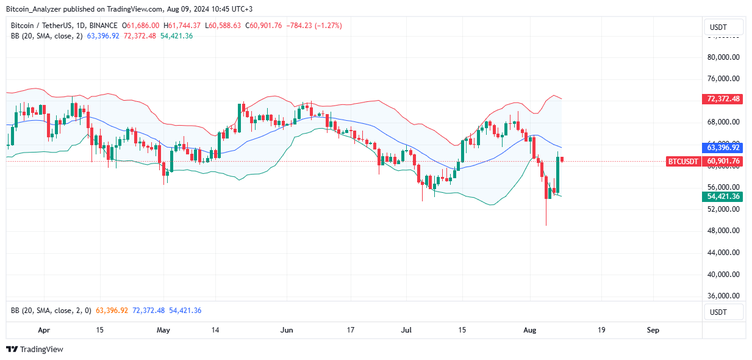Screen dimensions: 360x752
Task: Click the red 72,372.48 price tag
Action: [723, 98]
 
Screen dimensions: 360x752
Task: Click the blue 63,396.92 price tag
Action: [723, 148]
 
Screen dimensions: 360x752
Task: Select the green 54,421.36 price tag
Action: [723, 196]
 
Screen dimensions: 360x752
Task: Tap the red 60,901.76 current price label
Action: [723, 161]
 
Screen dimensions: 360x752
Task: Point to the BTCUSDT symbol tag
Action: [683, 161]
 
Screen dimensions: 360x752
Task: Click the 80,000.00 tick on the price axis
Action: [723, 57]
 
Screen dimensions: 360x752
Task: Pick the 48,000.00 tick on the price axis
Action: [723, 231]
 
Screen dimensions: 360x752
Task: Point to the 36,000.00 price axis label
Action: [723, 296]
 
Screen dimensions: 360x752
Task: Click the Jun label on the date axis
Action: [287, 330]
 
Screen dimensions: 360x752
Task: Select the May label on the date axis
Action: [163, 330]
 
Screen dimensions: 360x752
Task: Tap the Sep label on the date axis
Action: [653, 330]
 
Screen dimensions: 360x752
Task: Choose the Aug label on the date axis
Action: [530, 330]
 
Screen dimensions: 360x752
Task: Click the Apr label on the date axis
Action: [43, 330]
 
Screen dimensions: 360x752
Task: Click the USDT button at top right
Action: [723, 27]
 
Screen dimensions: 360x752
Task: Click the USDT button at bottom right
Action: [723, 312]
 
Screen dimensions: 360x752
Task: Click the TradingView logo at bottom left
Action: [35, 350]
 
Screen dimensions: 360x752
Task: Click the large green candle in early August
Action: [557, 175]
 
